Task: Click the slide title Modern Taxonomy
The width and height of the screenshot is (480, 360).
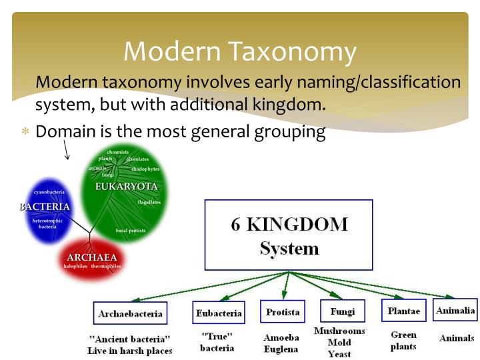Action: click(x=240, y=51)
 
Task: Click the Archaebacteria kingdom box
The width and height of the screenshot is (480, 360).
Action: click(x=130, y=313)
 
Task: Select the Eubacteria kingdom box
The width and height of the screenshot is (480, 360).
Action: click(x=218, y=312)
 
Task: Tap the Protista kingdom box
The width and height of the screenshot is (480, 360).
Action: click(x=283, y=311)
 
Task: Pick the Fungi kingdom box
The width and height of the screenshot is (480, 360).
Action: click(x=342, y=311)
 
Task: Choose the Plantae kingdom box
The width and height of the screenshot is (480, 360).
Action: click(x=403, y=311)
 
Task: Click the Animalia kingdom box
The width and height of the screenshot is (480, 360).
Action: click(x=455, y=310)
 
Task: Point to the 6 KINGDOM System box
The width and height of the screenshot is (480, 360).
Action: click(x=289, y=236)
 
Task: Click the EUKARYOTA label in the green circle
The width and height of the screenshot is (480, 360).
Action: click(x=127, y=187)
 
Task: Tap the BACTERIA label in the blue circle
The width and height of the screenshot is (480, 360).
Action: click(x=45, y=207)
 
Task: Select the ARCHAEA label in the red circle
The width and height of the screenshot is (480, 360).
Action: click(x=91, y=257)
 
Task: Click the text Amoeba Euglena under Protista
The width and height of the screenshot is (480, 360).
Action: click(x=281, y=343)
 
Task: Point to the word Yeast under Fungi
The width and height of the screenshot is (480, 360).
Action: click(x=339, y=354)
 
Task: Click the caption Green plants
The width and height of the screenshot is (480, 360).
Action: click(x=403, y=341)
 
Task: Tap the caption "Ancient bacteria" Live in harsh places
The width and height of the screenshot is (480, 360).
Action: click(x=130, y=345)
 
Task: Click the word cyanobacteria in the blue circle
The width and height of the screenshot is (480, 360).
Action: click(x=49, y=192)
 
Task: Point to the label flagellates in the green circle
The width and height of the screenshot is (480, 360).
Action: click(x=149, y=201)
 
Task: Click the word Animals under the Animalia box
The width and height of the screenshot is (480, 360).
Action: click(x=457, y=338)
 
